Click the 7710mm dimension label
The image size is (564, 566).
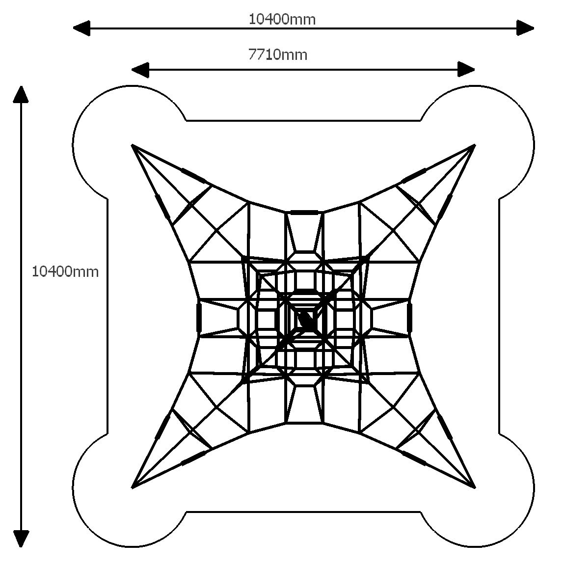coord(278,55)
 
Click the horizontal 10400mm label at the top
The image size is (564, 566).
coord(282,19)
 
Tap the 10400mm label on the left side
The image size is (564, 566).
coord(65,271)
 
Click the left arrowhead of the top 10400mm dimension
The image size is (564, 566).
coord(81,28)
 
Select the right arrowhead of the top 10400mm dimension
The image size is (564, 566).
coord(525,28)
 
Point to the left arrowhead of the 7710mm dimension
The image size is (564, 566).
coord(140,70)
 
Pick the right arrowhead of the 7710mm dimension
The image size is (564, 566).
coord(466,70)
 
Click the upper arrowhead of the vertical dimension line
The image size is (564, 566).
coord(21,95)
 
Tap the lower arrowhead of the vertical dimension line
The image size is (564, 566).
coord(21,539)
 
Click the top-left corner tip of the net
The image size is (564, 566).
coord(132,145)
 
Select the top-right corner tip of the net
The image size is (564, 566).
coord(475,145)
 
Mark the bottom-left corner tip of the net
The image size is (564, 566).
coord(132,487)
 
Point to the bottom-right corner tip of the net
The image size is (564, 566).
coord(475,487)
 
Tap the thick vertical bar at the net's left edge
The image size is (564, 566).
coord(198,317)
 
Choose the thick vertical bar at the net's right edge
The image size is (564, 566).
coord(409,317)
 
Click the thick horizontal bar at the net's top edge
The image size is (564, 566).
coord(304,212)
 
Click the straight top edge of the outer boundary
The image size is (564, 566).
coord(303,120)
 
